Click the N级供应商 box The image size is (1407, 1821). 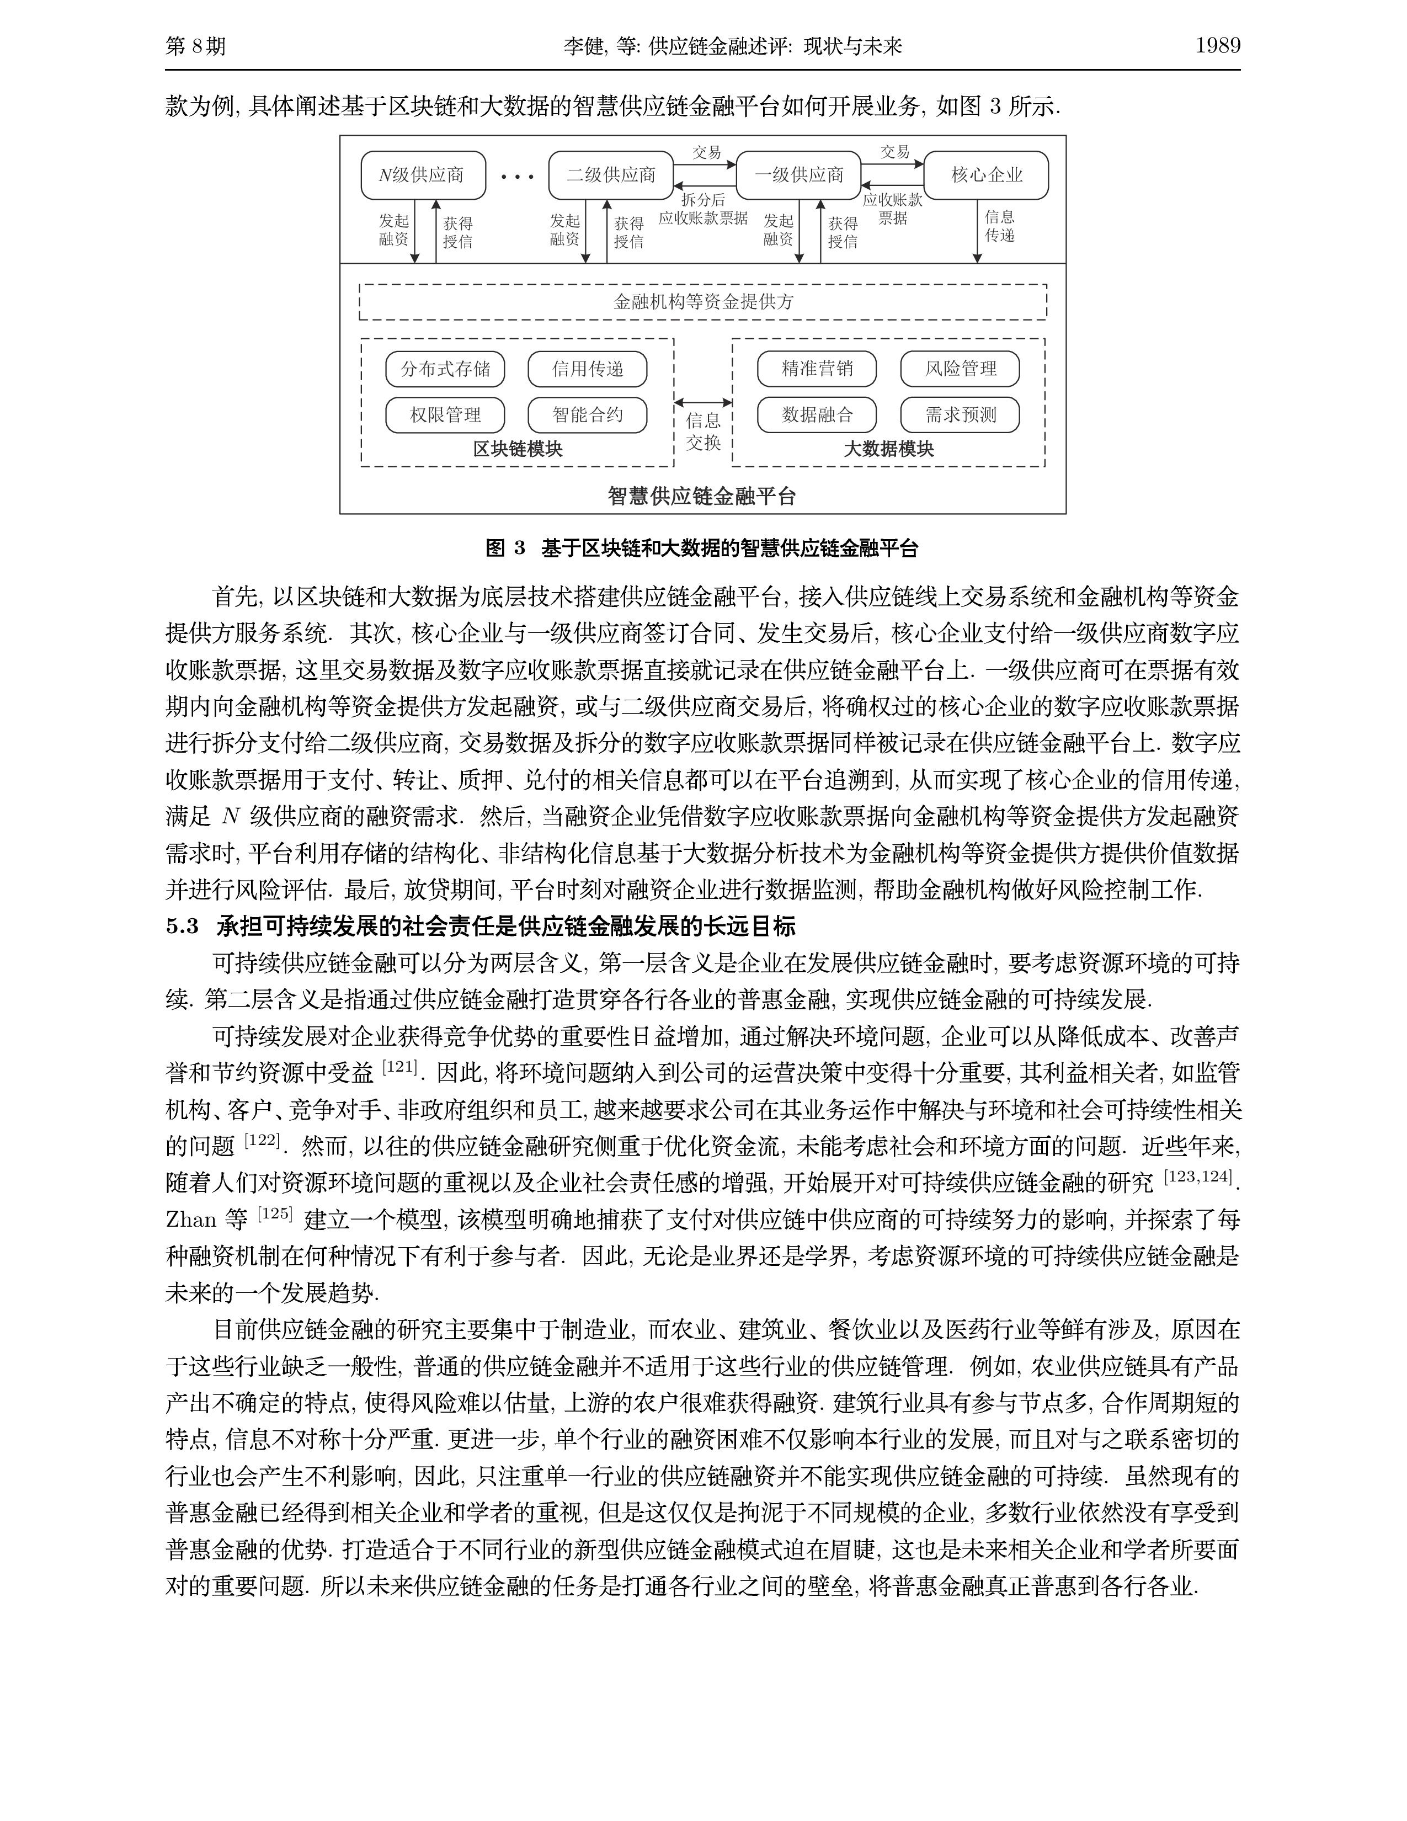click(x=423, y=175)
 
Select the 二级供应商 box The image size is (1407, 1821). click(x=611, y=175)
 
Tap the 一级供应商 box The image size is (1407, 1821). click(x=798, y=175)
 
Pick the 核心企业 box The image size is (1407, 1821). click(x=986, y=175)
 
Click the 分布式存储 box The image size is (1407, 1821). click(x=445, y=369)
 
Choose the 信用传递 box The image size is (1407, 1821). click(x=587, y=369)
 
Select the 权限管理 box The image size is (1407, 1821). click(x=445, y=415)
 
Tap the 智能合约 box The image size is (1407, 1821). click(x=587, y=415)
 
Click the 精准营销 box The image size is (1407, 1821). click(x=817, y=369)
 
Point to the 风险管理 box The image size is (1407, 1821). click(x=960, y=369)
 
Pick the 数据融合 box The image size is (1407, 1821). click(x=817, y=415)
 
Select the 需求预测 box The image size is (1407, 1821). click(x=960, y=415)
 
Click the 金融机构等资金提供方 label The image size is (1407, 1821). click(x=702, y=302)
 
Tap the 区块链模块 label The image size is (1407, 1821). click(x=518, y=449)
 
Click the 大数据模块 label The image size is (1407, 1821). click(x=888, y=449)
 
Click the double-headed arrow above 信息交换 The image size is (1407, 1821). click(x=702, y=403)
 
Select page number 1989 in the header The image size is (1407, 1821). click(x=1218, y=46)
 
